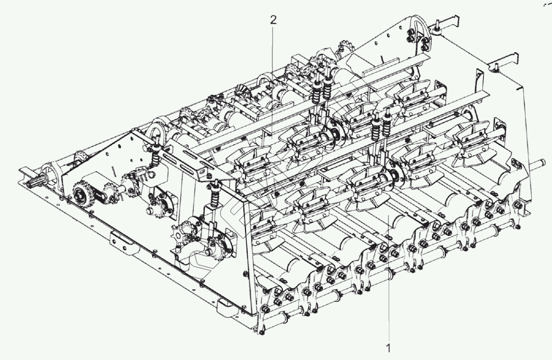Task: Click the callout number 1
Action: click(x=388, y=348)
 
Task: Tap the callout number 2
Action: click(x=273, y=20)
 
